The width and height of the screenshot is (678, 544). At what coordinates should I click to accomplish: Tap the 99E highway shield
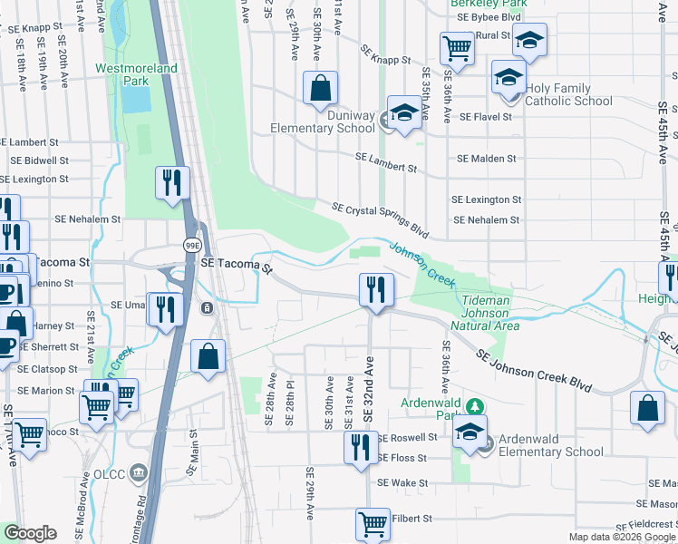(x=192, y=246)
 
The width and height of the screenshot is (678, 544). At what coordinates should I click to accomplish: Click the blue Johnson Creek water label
(x=422, y=262)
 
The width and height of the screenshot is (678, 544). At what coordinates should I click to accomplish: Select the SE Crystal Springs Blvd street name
(x=380, y=219)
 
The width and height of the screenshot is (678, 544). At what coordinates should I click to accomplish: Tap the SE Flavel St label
(x=485, y=117)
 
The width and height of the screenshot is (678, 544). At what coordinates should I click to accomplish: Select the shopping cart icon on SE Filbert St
(x=373, y=523)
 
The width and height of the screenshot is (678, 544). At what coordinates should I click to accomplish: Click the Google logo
(x=31, y=533)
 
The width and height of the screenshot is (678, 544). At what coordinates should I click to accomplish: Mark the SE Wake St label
(x=402, y=483)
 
